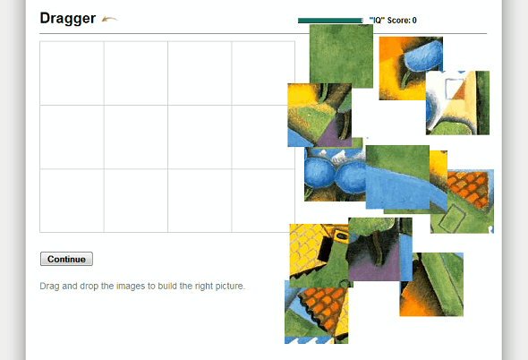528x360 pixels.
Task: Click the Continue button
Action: coord(66,259)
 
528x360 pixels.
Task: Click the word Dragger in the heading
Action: coord(67,18)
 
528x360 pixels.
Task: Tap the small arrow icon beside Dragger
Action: coord(109,19)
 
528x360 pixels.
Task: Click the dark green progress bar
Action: coord(329,20)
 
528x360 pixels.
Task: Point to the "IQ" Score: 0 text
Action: coord(393,20)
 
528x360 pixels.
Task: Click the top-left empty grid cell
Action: coord(72,73)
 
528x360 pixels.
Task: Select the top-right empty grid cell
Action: coord(263,73)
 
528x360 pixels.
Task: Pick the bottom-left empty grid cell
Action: coord(72,201)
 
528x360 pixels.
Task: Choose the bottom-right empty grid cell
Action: coord(263,201)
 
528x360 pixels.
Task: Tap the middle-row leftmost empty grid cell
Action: coord(72,137)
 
